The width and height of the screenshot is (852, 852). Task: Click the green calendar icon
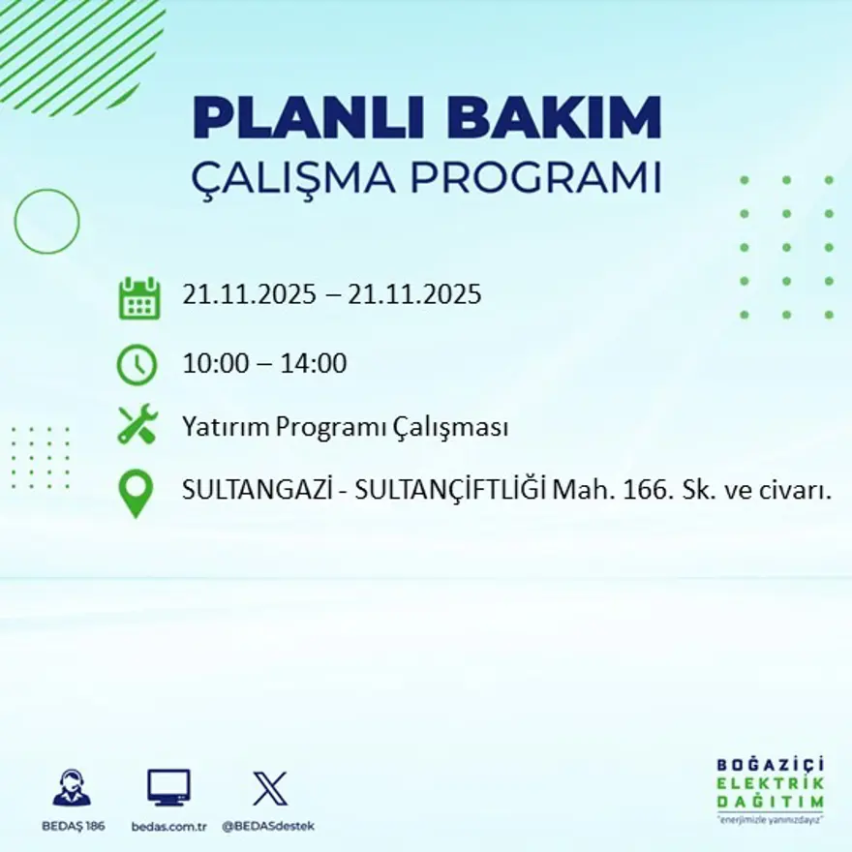138,298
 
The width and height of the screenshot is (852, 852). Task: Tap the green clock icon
137,365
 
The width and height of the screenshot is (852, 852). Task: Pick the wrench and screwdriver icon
137,426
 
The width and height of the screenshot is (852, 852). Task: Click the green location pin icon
136,493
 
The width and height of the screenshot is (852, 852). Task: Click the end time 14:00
314,365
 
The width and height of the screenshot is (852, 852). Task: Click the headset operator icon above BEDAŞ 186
72,788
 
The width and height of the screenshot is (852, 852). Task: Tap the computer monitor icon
168,788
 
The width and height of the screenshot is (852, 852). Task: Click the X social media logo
269,788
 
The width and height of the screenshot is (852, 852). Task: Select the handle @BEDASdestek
268,826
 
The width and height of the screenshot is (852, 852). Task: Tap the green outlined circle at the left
46,222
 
